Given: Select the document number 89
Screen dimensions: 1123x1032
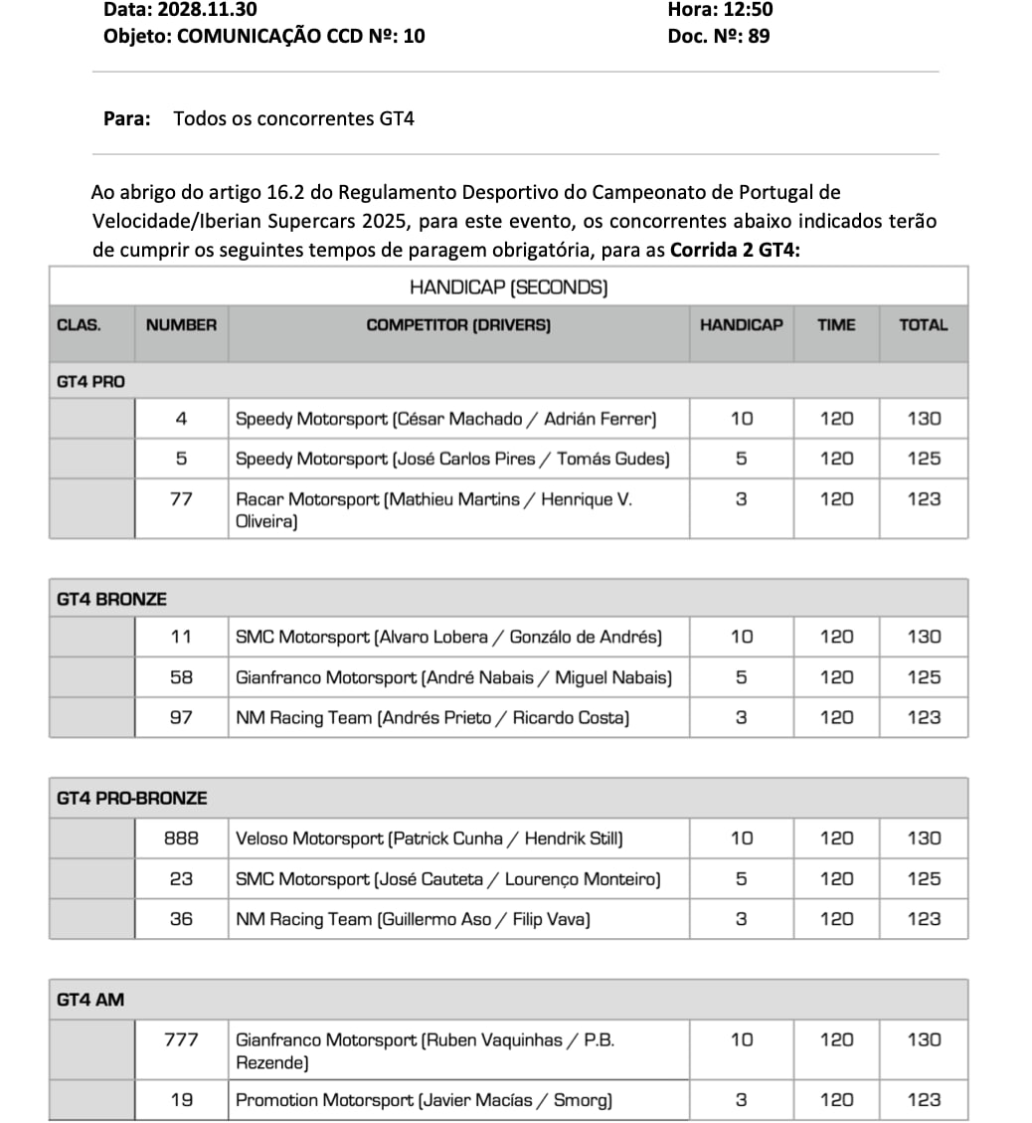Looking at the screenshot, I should tap(759, 37).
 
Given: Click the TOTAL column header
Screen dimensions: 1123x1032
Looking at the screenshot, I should tap(923, 324).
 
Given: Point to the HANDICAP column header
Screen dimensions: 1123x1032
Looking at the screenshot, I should tap(741, 324).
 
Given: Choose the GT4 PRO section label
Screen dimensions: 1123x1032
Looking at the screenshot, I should tap(91, 381).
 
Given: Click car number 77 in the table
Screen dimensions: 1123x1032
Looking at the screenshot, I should tap(181, 499).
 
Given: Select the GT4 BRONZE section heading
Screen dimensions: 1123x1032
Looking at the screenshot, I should tap(111, 599).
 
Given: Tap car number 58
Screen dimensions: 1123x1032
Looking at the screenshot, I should tap(181, 677).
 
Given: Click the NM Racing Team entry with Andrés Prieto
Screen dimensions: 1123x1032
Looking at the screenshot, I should tap(431, 717).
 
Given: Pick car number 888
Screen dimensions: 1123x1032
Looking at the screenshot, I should tap(181, 839).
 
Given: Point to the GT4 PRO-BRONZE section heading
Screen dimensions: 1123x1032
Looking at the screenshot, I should tap(132, 798).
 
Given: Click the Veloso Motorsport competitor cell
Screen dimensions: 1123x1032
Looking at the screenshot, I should tap(429, 839).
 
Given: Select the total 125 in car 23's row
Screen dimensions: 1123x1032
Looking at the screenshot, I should tap(923, 879).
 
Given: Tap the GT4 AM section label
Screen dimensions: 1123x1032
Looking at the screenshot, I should tap(90, 1000).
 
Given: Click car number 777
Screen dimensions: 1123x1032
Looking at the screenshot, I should tap(181, 1040).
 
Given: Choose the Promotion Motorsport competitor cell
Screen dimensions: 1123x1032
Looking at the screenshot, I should tap(424, 1100).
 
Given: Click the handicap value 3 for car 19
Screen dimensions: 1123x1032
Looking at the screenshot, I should tap(741, 1100).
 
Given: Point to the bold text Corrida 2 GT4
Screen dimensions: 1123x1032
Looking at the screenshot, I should tap(735, 250).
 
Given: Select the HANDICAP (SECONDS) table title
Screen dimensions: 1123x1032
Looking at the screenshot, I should tap(508, 287).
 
